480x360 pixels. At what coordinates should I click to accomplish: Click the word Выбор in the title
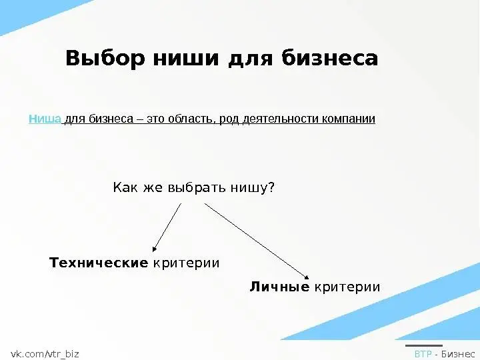[x=105, y=58]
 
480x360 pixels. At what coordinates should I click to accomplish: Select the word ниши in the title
[x=186, y=58]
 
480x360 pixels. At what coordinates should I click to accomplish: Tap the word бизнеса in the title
[x=330, y=58]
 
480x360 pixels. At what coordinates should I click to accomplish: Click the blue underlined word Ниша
[x=45, y=119]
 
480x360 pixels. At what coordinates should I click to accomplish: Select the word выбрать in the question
[x=197, y=187]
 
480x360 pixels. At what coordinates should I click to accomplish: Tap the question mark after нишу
[x=271, y=187]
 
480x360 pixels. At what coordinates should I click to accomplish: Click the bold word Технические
[x=99, y=263]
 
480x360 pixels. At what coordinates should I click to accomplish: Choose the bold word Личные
[x=279, y=287]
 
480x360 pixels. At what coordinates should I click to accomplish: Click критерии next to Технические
[x=186, y=263]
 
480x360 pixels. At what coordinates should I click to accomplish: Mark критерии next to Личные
[x=347, y=287]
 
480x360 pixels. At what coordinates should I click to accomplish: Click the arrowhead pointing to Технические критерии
[x=154, y=249]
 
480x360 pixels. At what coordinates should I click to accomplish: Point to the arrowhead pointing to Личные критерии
[x=307, y=277]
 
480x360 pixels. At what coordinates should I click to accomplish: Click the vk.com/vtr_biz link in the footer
[x=45, y=354]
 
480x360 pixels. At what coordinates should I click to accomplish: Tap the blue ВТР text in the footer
[x=423, y=354]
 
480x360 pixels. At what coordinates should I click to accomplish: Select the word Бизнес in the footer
[x=458, y=354]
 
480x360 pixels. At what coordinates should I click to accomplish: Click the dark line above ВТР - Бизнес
[x=424, y=345]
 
